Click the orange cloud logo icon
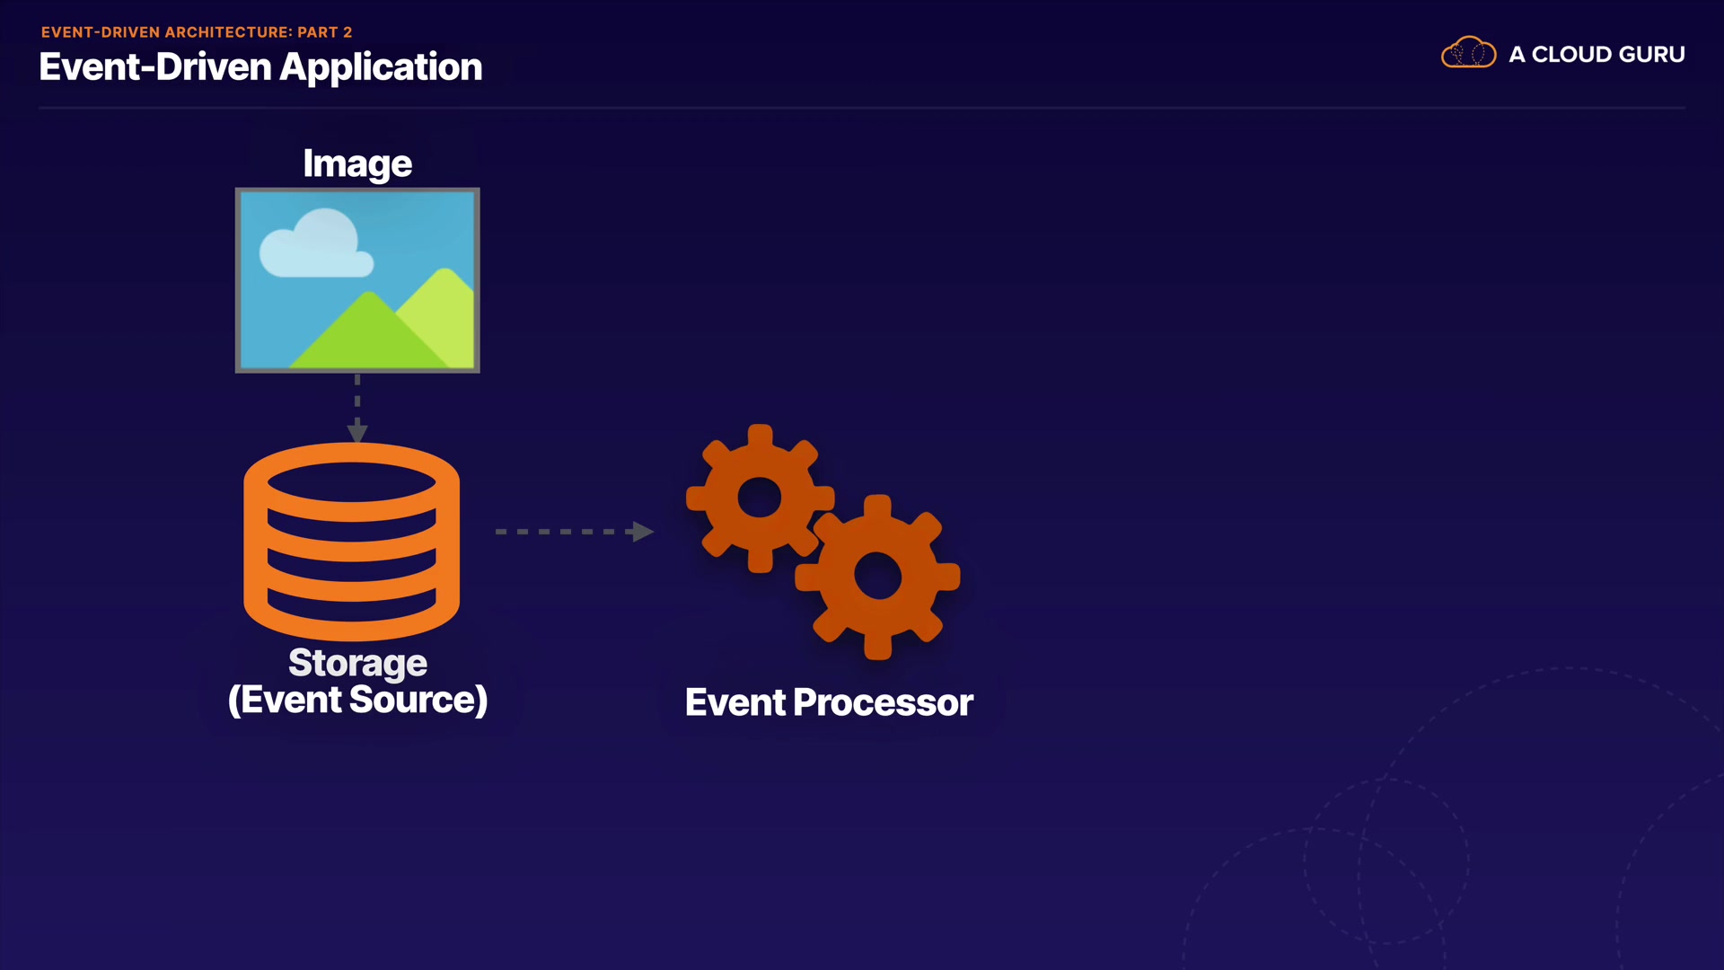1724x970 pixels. click(x=1468, y=53)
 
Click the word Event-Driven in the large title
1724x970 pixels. click(x=154, y=67)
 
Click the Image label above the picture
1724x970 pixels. click(x=357, y=163)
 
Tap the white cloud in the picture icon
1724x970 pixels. click(x=316, y=245)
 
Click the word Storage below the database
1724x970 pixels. click(x=357, y=663)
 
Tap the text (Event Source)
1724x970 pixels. click(x=357, y=701)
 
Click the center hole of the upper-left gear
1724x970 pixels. click(x=760, y=498)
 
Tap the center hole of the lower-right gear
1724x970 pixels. click(x=877, y=576)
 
